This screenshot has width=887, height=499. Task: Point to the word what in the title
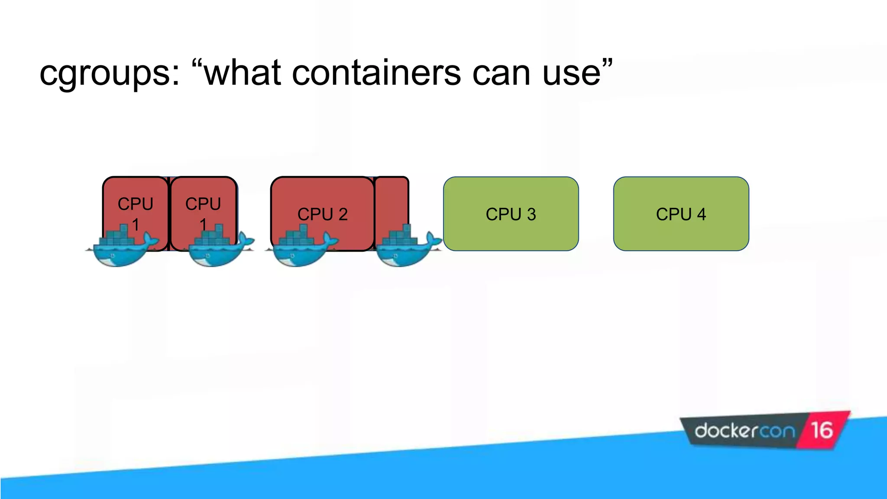point(243,73)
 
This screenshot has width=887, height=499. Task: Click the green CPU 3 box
point(511,214)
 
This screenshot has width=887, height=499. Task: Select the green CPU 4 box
point(681,214)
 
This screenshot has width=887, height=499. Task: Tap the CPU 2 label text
point(322,214)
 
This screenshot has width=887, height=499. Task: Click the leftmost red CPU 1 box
point(135,195)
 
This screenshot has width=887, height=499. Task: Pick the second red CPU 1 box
point(203,195)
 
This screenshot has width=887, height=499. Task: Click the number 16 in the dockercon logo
point(822,431)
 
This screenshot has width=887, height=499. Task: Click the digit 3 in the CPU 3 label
point(531,214)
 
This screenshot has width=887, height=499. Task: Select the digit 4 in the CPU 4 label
point(702,214)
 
